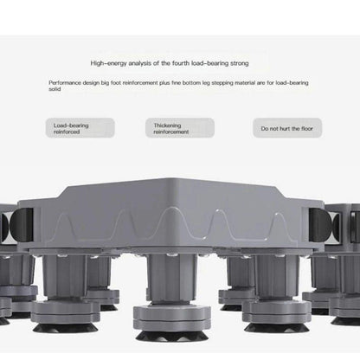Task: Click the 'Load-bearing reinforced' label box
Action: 80,129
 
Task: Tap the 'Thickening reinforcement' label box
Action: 179,129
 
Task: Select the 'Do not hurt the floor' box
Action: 280,129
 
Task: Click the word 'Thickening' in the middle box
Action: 167,125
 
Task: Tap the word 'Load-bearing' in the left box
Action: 71,125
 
